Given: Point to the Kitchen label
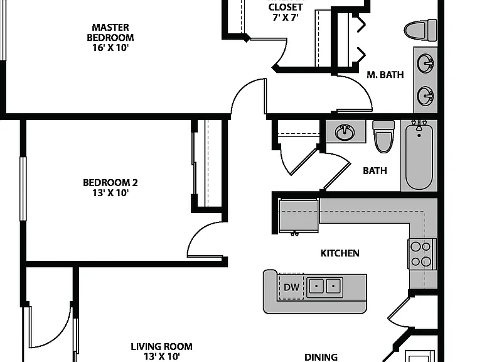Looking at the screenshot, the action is coord(340,253).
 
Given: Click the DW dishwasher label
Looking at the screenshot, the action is coord(291,287).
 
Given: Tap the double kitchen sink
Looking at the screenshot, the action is coord(325,287).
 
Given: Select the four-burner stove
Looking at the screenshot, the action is coord(422,254).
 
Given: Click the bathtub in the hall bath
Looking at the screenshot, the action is coord(419,155).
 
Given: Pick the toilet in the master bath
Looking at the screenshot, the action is coord(420,30).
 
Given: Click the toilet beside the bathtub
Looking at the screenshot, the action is coord(383,136).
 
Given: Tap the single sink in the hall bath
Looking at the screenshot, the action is coord(345,133).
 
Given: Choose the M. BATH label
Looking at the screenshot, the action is coord(385,75).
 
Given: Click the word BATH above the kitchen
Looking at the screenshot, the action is coord(375,171).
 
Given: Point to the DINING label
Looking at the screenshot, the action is coord(321,357).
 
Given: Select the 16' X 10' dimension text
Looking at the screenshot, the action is coord(110,48).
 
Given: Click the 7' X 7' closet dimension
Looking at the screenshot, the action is coord(286,17).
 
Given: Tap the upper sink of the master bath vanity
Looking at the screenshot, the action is coord(426,63).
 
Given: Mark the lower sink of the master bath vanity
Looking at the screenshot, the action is coord(426,96).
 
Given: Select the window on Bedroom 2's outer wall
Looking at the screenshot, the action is coord(23,189).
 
